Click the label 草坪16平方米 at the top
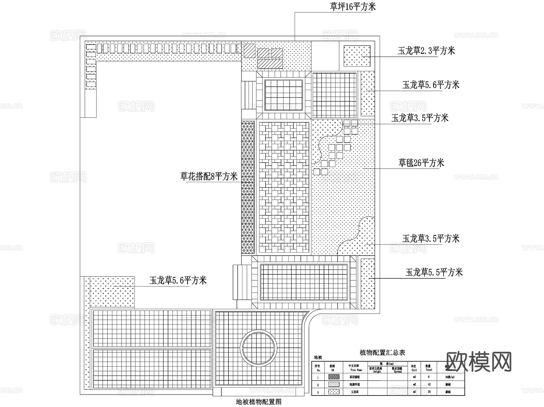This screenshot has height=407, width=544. (353, 7)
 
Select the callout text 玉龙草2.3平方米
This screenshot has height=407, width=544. (426, 51)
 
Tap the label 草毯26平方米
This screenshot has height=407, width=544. (421, 163)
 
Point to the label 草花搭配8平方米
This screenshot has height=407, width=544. (209, 176)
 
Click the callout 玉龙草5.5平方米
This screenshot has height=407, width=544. (434, 273)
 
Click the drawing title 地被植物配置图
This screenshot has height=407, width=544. (259, 402)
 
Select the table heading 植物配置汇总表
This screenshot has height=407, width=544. (382, 352)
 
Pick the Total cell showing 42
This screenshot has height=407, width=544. (429, 385)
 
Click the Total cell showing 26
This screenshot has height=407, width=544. (429, 392)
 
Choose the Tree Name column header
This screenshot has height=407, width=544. (356, 368)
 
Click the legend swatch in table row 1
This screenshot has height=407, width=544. (333, 377)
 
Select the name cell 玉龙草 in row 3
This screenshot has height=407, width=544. (355, 392)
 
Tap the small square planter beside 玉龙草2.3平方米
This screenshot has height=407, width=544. (357, 56)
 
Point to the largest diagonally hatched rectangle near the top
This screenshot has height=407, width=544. (270, 63)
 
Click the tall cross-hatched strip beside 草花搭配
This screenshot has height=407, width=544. (248, 187)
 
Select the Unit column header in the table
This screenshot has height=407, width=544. (414, 368)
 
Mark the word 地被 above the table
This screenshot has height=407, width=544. (318, 357)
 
